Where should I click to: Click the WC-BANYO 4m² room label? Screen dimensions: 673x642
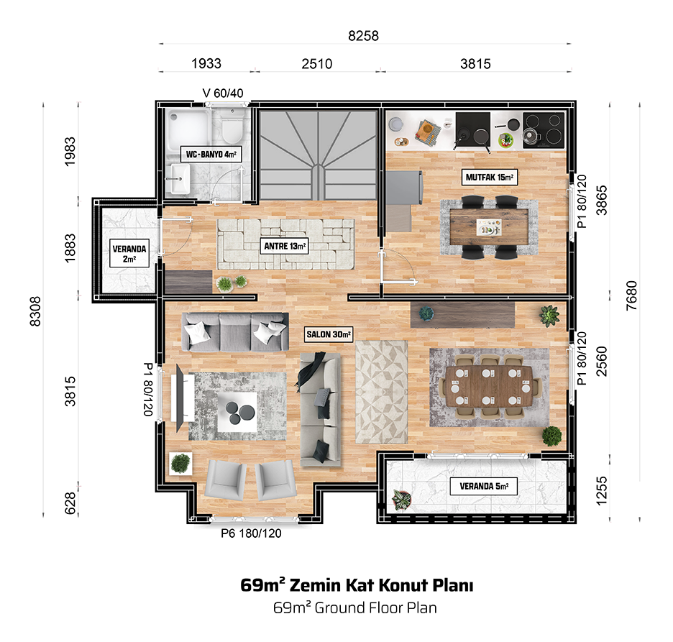pos(211,154)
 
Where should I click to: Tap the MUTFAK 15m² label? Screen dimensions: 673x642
pos(490,177)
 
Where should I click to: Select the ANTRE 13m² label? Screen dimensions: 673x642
pos(285,246)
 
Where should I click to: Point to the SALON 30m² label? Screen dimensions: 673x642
pos(329,334)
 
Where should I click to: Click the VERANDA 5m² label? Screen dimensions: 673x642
pos(484,486)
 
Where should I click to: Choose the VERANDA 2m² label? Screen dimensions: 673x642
pos(129,253)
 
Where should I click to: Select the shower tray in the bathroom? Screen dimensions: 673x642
pos(188,128)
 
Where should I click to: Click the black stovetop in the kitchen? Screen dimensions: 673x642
pos(543,131)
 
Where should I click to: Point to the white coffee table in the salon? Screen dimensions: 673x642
pos(237,412)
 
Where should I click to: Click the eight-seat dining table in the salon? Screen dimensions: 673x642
pos(490,387)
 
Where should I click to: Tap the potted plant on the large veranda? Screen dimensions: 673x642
pos(402,500)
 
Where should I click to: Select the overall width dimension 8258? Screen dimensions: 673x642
pos(364,36)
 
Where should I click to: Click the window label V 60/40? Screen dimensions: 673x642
pos(223,93)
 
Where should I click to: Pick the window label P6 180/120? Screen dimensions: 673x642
pos(251,533)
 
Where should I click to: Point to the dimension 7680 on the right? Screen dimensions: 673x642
pos(631,295)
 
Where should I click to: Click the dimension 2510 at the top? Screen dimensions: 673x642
pos(317,64)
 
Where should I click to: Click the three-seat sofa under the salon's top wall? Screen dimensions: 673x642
pos(235,332)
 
